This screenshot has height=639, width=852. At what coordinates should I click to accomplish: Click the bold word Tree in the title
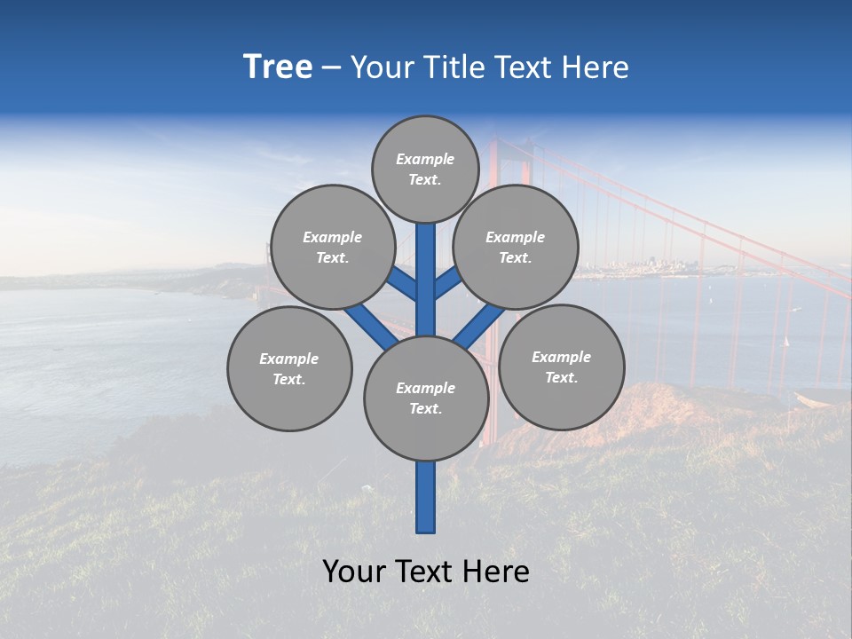(278, 67)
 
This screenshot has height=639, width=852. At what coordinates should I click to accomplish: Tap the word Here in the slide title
(596, 67)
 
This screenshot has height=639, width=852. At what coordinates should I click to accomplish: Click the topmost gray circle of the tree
(425, 169)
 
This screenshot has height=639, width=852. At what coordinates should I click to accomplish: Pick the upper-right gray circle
(515, 247)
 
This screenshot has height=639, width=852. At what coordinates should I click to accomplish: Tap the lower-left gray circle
(289, 368)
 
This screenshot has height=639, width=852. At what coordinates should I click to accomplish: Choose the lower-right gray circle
(561, 367)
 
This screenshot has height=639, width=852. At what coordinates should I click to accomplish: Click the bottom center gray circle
(426, 398)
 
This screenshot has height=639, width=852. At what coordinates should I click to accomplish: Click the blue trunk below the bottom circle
(426, 497)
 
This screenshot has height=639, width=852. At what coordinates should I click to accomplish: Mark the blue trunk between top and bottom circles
(426, 280)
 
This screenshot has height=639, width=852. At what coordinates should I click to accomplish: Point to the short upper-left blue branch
(404, 284)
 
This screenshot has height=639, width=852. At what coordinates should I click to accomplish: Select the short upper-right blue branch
(447, 283)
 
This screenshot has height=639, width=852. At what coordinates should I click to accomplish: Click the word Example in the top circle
(425, 159)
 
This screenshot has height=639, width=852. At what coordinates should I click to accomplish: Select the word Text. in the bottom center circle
(425, 409)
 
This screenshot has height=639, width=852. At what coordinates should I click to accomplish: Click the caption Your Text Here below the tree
(426, 572)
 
